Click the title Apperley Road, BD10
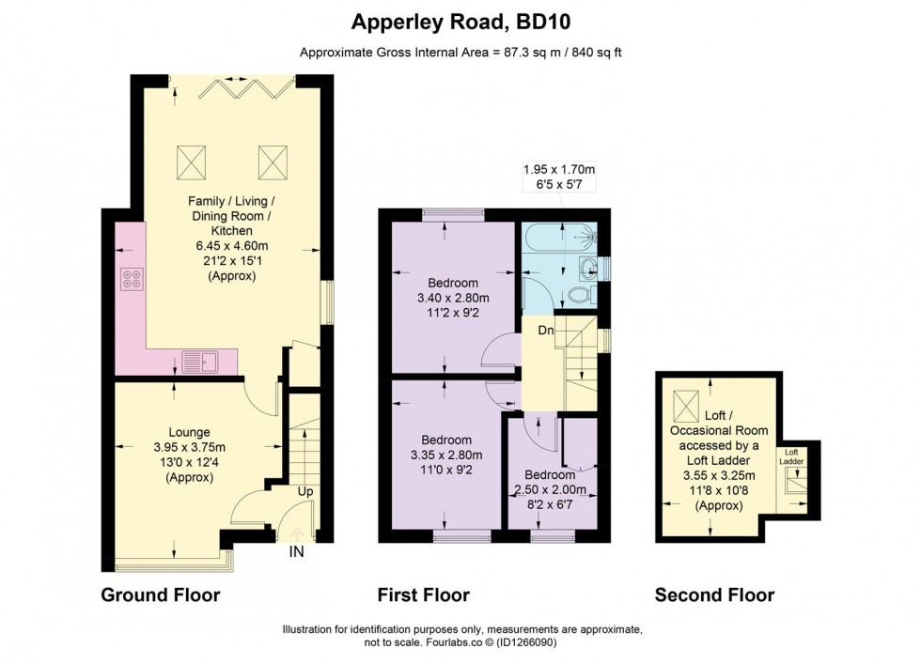460,21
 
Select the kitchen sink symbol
199,360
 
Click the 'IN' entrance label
296,553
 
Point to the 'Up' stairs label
305,491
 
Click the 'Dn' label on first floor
545,330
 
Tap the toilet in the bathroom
580,295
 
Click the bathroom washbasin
589,268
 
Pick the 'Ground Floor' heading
160,595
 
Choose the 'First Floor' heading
423,595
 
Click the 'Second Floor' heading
714,595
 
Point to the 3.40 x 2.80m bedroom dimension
453,299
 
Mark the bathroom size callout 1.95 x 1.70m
559,170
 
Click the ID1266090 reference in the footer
552,642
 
